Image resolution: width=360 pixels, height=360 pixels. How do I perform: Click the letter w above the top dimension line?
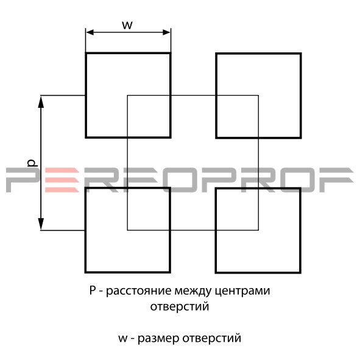coord(127,25)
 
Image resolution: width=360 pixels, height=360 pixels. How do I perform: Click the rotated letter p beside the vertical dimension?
coord(32,163)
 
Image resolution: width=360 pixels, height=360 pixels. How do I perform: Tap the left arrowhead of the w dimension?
coord(90,32)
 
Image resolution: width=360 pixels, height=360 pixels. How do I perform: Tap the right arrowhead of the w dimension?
coord(166,32)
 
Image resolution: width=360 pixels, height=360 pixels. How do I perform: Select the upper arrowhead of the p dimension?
coord(41,102)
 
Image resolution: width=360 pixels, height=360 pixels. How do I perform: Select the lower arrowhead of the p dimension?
coord(41,224)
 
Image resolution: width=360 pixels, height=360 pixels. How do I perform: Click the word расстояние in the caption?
coord(139,291)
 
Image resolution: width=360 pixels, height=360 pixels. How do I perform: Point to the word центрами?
coord(242,291)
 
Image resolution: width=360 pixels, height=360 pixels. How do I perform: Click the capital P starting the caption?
coord(92,290)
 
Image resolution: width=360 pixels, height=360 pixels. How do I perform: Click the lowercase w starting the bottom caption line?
coord(123,339)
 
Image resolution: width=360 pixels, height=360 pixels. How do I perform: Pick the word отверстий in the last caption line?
coord(212,339)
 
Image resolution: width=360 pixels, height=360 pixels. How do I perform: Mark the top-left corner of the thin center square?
coord(127,95)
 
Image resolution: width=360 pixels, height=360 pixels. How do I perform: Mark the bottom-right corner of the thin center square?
coord(258,230)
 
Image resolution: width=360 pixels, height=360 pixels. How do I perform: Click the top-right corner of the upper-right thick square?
coord(301,54)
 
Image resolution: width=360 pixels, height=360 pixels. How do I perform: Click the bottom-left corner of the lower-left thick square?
coord(85,272)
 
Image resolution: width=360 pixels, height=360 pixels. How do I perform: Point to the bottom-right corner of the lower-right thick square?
coord(300,272)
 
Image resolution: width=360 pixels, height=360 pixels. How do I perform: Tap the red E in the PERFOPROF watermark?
coord(62,180)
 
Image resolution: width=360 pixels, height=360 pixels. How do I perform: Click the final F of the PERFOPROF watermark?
coord(336,180)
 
